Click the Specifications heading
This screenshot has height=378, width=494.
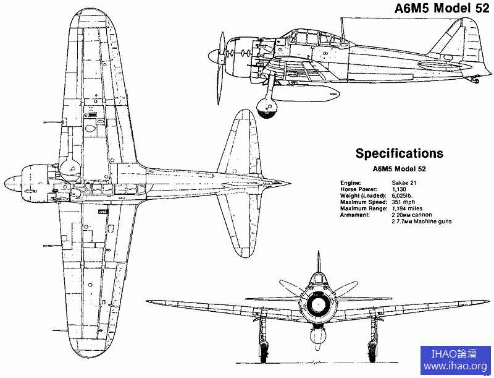pyautogui.click(x=399, y=153)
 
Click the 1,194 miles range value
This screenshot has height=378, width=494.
pyautogui.click(x=408, y=208)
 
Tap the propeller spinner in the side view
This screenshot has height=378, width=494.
pyautogui.click(x=214, y=57)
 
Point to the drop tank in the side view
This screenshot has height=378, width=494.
pyautogui.click(x=315, y=94)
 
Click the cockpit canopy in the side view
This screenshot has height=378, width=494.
pyautogui.click(x=303, y=38)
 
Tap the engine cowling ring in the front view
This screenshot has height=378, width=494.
pyautogui.click(x=319, y=303)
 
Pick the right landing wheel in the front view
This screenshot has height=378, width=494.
pyautogui.click(x=373, y=352)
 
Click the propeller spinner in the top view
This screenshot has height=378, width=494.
pyautogui.click(x=12, y=183)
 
